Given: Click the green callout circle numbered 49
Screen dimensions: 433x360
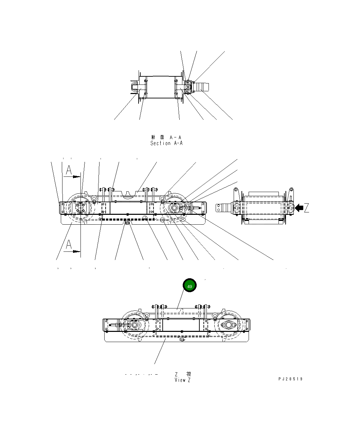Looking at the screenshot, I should (x=190, y=286).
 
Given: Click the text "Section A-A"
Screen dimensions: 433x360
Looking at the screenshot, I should (x=166, y=143).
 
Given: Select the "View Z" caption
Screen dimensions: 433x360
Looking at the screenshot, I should (x=183, y=380).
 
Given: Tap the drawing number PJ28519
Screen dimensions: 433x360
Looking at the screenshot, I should (x=290, y=379).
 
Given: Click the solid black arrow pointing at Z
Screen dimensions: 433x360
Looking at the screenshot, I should (x=299, y=207).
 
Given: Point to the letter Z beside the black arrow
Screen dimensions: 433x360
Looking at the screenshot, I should (x=307, y=208).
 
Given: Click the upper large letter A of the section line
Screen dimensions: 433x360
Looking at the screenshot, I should (x=69, y=170).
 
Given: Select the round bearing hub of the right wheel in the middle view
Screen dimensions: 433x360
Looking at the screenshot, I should (x=175, y=208).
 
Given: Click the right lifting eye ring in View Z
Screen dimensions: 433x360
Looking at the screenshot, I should (x=215, y=316).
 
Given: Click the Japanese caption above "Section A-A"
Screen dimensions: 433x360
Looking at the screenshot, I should (x=166, y=137).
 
